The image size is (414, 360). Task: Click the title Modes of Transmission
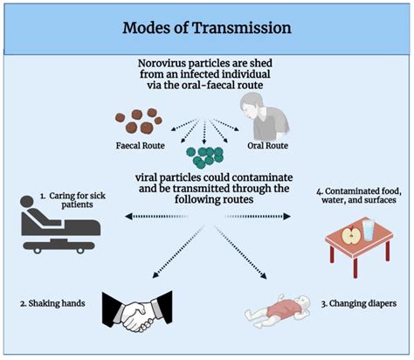(207, 25)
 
